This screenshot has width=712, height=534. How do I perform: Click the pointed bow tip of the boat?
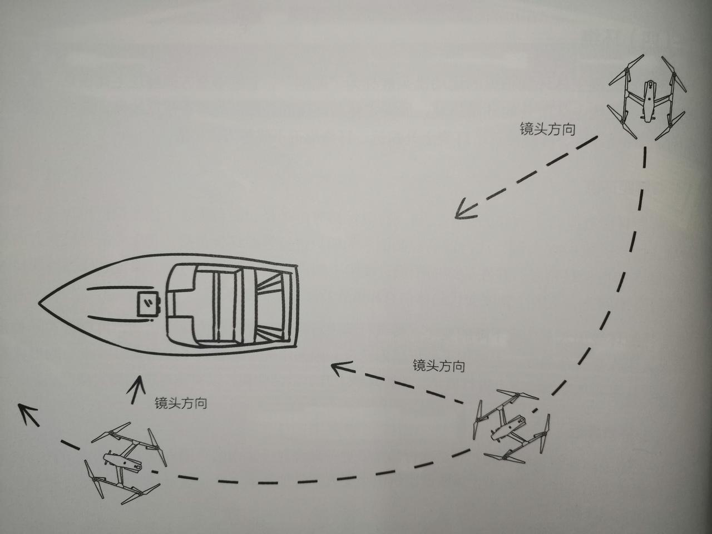[40, 303]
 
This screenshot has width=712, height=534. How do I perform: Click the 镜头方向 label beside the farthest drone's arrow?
[547, 130]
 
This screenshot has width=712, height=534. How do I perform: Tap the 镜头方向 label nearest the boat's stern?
[438, 365]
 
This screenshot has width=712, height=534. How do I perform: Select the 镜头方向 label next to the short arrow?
[181, 403]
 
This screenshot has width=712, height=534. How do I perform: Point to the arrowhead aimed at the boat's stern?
[339, 367]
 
